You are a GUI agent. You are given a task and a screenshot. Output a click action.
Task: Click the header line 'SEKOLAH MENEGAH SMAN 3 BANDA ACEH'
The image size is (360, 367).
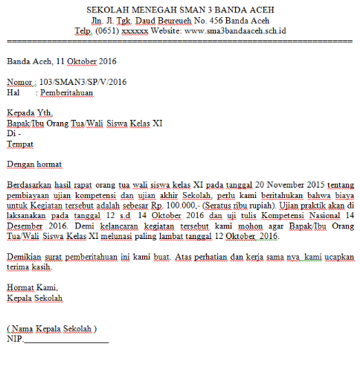coord(181,10)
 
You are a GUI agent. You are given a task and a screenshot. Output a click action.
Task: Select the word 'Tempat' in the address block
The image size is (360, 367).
coord(21,144)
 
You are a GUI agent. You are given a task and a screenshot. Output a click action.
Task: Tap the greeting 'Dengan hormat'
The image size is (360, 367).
coord(34,164)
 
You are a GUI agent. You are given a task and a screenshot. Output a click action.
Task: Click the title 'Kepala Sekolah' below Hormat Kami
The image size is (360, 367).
coord(35,298)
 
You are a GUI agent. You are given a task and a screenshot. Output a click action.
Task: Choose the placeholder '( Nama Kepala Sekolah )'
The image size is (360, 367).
coord(52,328)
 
